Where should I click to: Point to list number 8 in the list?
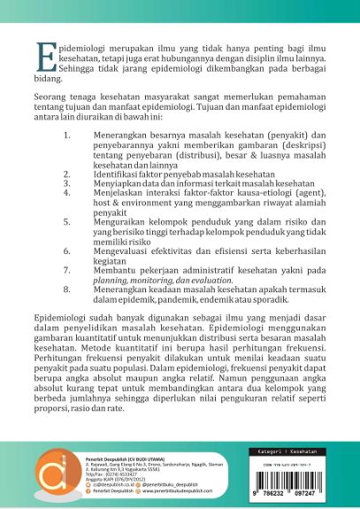pyautogui.click(x=67, y=288)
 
